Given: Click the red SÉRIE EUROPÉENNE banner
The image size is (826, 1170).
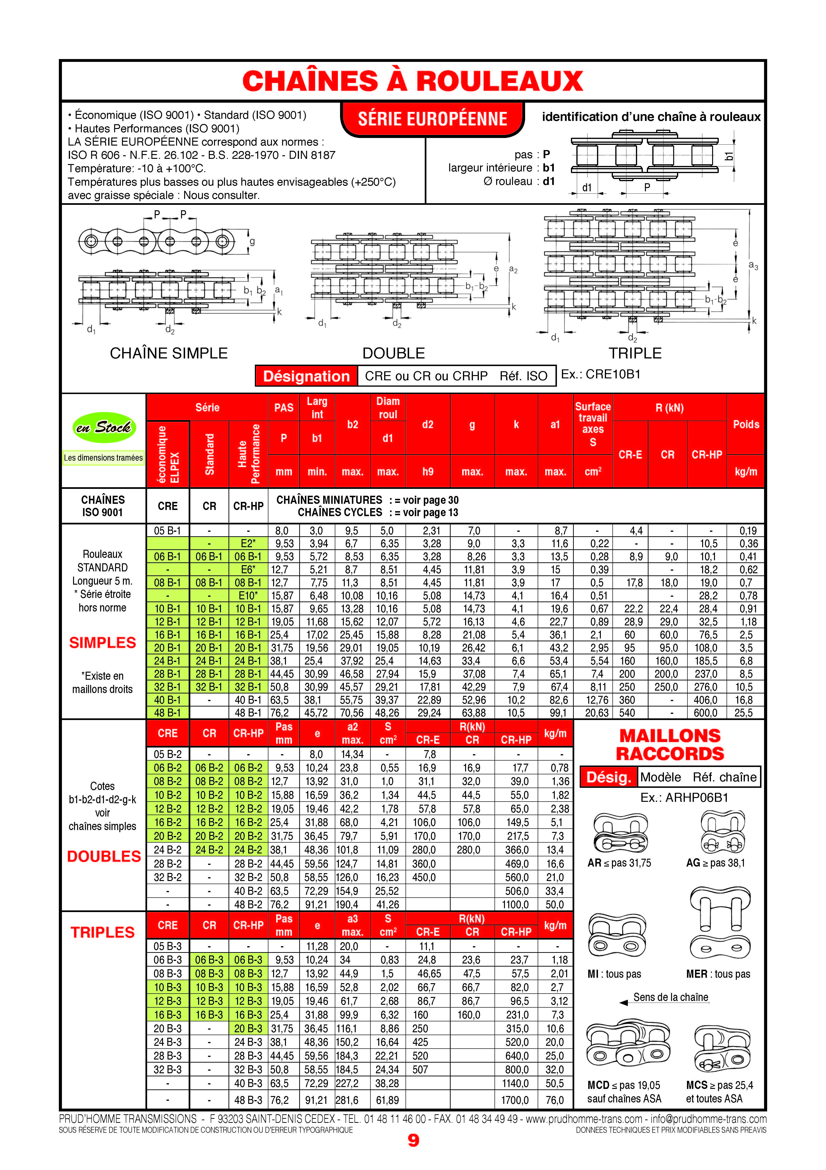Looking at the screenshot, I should coord(432,119).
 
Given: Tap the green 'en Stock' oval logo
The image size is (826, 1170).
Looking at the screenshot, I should coord(103,427).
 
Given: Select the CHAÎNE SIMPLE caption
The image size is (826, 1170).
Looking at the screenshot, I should coord(169,353).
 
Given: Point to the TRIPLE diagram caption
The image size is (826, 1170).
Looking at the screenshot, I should coord(635,353).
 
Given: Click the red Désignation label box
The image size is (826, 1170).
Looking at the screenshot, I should coord(306,376).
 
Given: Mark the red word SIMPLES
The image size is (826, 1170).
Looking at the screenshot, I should coord(103,642).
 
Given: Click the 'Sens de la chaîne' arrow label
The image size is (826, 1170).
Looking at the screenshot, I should coord(671,997).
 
